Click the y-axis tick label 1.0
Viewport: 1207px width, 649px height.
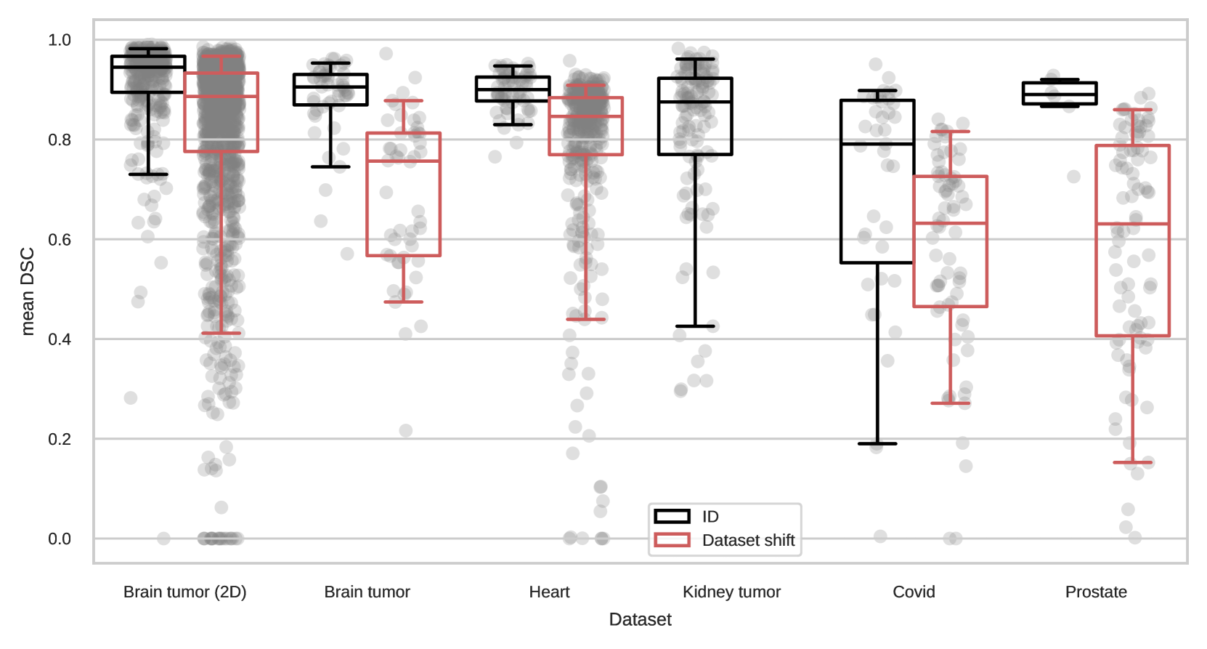[x=60, y=40]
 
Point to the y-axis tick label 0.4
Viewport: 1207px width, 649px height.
[x=60, y=339]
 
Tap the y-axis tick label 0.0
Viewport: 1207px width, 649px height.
[x=60, y=539]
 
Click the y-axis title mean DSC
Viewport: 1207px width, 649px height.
[x=28, y=291]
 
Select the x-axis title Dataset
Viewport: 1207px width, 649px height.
[x=640, y=619]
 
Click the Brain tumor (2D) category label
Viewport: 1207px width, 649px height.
[x=184, y=592]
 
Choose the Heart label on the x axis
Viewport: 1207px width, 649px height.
[x=549, y=592]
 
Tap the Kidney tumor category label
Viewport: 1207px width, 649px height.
[x=731, y=592]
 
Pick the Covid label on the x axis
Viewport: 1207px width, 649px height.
[x=914, y=592]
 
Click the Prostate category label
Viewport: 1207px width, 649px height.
[x=1096, y=592]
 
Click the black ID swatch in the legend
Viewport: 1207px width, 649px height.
[x=672, y=517]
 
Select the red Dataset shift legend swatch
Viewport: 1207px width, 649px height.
[x=672, y=540]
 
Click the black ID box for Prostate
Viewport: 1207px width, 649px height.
[x=1060, y=93]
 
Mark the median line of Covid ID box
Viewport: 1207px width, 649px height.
[x=877, y=144]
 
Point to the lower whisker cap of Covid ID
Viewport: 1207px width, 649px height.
[x=877, y=443]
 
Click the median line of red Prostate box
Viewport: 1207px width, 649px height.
[x=1132, y=224]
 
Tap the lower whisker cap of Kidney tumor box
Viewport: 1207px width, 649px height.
[x=695, y=326]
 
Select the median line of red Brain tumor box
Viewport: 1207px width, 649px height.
[x=403, y=161]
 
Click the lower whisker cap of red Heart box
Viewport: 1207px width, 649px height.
[x=585, y=319]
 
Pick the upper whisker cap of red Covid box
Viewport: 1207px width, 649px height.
[x=950, y=132]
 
